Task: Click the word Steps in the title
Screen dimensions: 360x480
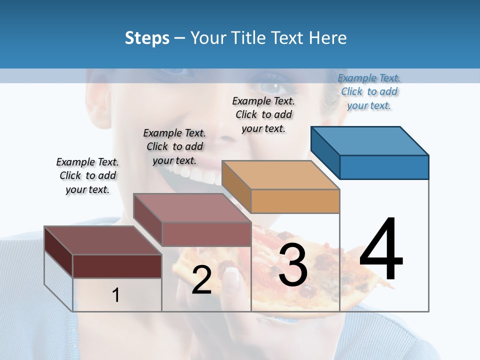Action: tap(147, 38)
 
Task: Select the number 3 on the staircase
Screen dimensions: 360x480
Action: tap(292, 265)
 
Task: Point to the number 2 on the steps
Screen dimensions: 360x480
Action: tap(201, 280)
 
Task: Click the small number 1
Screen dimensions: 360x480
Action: tap(116, 295)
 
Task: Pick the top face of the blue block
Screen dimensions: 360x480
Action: tap(370, 141)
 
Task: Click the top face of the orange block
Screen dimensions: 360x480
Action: tap(280, 175)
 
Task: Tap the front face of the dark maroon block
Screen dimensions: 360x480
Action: tap(117, 266)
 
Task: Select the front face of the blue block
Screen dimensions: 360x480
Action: tap(384, 167)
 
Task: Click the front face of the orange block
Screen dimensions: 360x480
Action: tap(295, 201)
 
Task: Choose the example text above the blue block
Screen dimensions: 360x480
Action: tap(369, 91)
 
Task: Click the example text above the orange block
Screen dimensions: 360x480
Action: tap(263, 114)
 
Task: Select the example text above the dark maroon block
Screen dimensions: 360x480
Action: tap(87, 175)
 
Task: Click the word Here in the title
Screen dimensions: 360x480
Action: tap(327, 38)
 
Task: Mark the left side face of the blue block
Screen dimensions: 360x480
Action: tap(325, 152)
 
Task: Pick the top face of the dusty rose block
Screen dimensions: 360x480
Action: tap(192, 207)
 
